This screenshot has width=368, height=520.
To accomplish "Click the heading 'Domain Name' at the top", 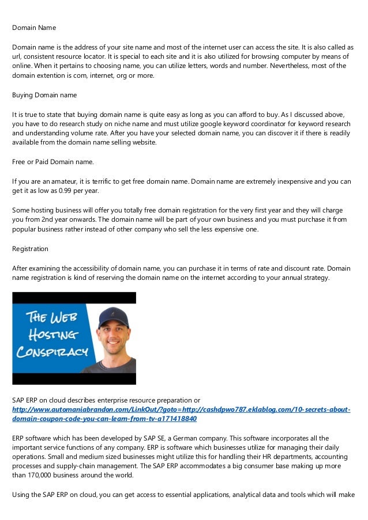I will [x=34, y=27].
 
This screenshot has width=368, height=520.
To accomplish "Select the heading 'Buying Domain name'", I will [x=44, y=94].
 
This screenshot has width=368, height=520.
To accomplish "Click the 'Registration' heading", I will [x=30, y=249].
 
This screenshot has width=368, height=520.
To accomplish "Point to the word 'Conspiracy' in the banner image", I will [x=52, y=352].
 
